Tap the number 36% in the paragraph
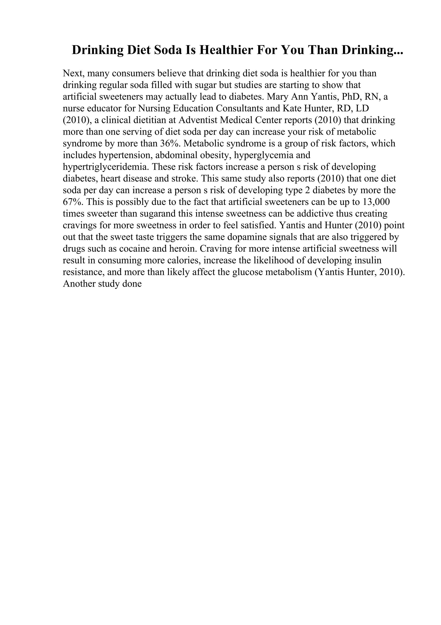pyautogui.click(x=168, y=143)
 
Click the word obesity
pyautogui.click(x=216, y=155)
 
